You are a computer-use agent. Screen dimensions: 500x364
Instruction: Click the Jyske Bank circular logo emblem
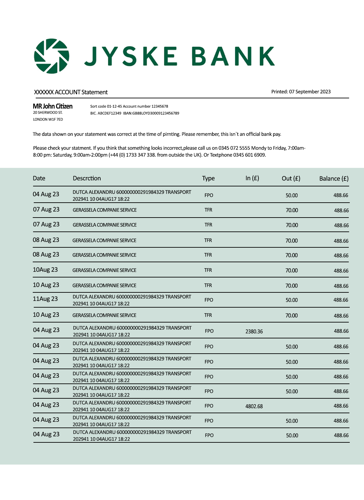[x=52, y=56]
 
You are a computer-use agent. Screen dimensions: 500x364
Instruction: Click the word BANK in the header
[x=233, y=56]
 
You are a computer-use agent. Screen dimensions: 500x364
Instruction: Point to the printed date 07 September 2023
[x=310, y=92]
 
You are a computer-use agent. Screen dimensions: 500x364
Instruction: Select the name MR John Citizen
[x=53, y=106]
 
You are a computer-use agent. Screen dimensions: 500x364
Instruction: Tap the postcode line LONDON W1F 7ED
[x=48, y=120]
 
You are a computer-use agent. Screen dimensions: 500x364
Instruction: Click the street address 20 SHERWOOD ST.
[x=48, y=113]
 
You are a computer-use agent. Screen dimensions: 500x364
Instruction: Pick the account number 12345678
[x=160, y=106]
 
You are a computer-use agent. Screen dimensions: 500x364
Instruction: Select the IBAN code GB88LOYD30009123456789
[x=158, y=113]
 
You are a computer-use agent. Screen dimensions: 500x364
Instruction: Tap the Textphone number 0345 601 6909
[x=250, y=155]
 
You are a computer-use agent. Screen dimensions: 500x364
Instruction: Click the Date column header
[x=39, y=178]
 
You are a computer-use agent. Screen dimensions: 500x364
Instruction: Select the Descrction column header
[x=87, y=178]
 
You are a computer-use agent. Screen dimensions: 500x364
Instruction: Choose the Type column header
[x=208, y=178]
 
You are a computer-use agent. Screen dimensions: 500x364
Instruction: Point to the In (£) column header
[x=252, y=178]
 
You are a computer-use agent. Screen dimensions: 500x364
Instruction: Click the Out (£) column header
[x=291, y=178]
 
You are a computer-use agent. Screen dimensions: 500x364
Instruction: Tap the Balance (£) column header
[x=334, y=179]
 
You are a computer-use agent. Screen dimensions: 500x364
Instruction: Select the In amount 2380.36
[x=254, y=331]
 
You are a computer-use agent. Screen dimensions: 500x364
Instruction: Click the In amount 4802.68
[x=254, y=406]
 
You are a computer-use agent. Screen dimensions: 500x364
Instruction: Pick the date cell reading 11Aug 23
[x=45, y=299]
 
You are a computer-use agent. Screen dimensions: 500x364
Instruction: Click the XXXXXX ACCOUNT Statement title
[x=71, y=92]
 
